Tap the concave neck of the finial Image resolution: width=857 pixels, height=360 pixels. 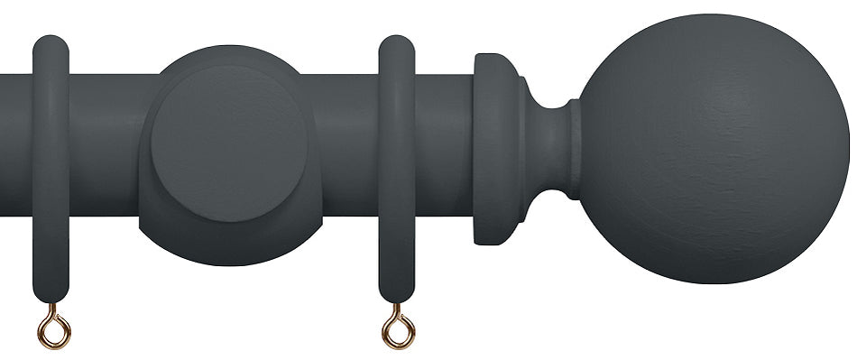545,149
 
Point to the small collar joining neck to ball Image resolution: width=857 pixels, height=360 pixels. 574,149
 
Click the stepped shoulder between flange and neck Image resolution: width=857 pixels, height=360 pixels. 519,149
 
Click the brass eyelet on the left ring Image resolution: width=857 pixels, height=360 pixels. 53,326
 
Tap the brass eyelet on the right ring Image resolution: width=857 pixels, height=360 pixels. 397,327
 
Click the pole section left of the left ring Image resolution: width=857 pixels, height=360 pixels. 15,144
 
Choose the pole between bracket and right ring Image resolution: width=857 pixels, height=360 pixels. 343,144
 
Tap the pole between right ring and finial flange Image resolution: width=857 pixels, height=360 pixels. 444,144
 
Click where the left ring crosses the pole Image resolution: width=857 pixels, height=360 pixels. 51,144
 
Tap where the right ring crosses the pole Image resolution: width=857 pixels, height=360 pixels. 397,144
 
